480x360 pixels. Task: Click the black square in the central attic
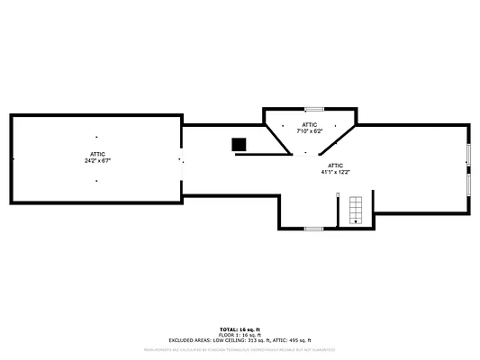point(239,144)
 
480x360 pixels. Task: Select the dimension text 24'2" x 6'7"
point(98,160)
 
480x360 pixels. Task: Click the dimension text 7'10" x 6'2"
point(310,131)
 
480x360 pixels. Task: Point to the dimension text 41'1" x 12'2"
point(335,172)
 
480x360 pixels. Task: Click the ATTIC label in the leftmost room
point(98,154)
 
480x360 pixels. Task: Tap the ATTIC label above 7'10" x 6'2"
point(310,125)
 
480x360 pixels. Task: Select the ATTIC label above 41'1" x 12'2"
point(335,166)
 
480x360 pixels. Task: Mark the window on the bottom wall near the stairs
point(313,229)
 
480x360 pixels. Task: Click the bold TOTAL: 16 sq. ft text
point(240,329)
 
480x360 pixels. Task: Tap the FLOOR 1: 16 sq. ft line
point(240,335)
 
